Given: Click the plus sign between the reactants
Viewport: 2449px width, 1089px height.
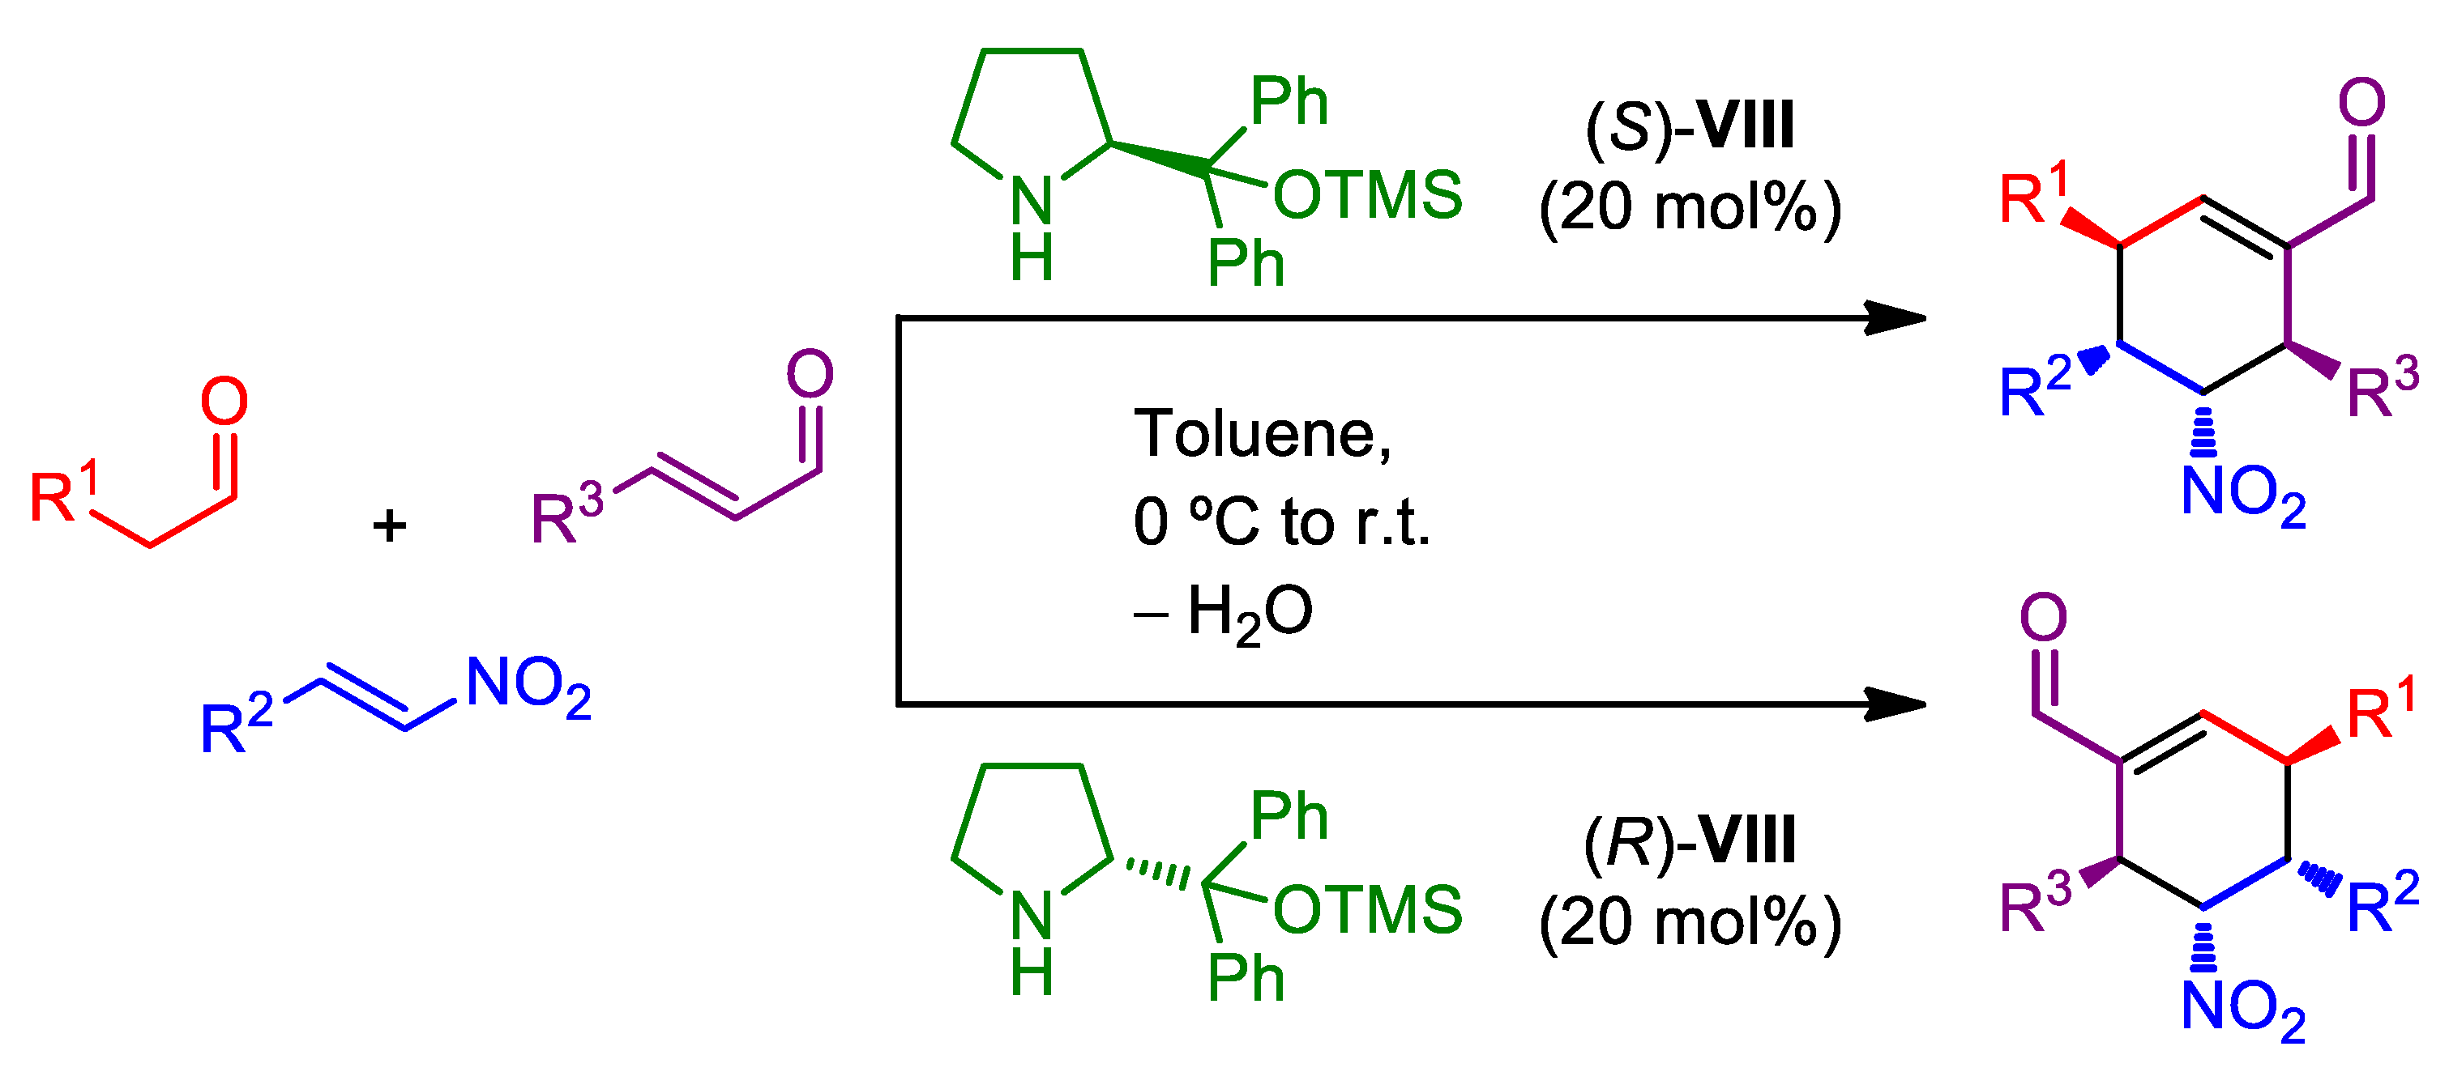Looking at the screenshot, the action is click(389, 525).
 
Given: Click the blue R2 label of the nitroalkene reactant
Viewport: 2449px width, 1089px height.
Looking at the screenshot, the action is click(236, 724).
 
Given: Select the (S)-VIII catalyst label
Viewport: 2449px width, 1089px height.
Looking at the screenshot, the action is click(1690, 125).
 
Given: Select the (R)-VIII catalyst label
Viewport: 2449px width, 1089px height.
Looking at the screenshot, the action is click(1690, 840).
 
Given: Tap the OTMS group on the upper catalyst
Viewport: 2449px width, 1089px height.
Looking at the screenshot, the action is click(1367, 195).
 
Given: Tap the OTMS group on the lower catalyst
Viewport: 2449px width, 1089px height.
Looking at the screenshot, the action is click(1367, 909).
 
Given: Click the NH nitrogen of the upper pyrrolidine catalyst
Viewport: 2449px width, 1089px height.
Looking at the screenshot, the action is click(1032, 202).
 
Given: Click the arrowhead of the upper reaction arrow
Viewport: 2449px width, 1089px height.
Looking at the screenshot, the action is click(1896, 318).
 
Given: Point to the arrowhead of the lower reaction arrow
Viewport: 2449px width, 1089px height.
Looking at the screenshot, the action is click(1896, 704).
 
